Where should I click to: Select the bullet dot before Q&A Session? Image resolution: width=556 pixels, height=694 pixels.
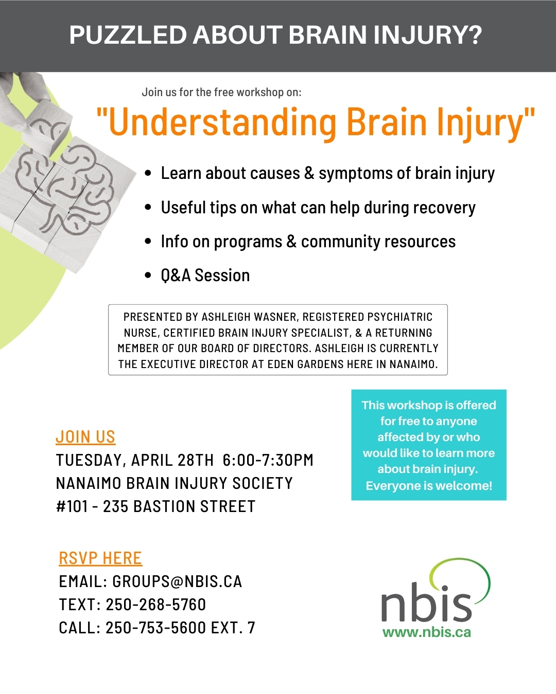click(148, 276)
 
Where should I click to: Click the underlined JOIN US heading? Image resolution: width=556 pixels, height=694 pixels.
click(85, 437)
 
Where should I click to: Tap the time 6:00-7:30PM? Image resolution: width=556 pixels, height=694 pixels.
click(268, 460)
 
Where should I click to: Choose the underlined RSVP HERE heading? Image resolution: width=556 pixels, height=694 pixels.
click(100, 558)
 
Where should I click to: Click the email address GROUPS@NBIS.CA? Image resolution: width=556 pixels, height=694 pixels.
click(177, 581)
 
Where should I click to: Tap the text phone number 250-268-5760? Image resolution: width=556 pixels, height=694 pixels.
click(155, 605)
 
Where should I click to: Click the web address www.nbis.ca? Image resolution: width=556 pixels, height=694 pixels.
click(427, 632)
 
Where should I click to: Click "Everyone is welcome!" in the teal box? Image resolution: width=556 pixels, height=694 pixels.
click(429, 486)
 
